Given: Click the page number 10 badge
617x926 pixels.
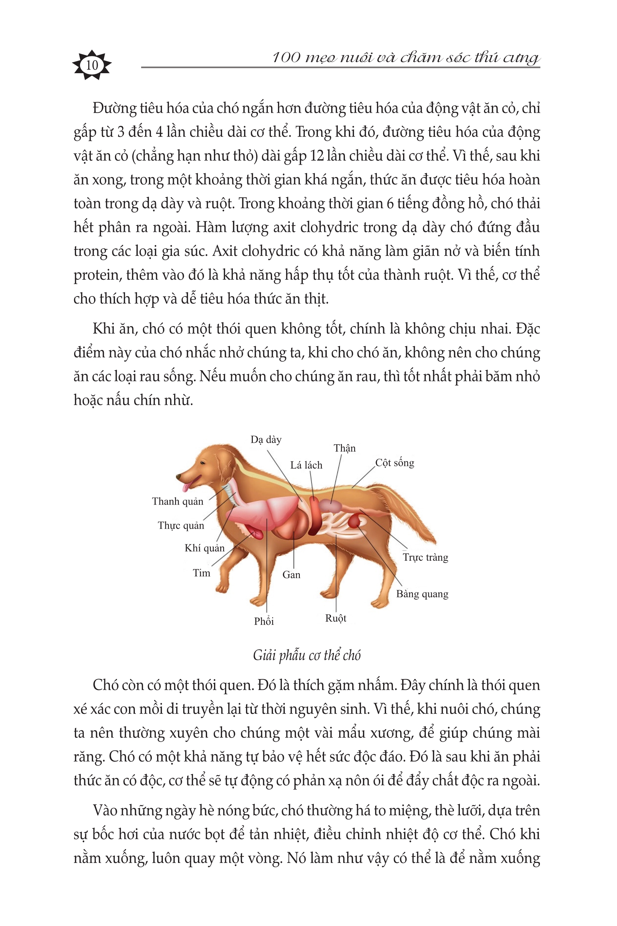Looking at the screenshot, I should (92, 65).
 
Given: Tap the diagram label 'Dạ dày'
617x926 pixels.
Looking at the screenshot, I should (266, 439).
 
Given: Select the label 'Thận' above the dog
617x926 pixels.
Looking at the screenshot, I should (344, 448).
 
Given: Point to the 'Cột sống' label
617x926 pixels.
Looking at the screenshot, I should (395, 463).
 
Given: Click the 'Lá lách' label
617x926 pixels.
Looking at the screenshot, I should (306, 465).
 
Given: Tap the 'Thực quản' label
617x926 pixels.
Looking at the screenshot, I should (181, 525).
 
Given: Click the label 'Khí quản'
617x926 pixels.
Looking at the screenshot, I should (204, 548).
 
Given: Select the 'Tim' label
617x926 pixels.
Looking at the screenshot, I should (202, 573).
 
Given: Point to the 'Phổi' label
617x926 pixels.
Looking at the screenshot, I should (264, 621).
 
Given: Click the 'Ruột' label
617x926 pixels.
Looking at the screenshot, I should (336, 618).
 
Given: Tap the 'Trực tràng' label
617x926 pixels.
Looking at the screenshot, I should (425, 557).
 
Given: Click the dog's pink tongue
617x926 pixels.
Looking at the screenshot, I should (185, 487).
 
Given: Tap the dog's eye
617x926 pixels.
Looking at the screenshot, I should (203, 463).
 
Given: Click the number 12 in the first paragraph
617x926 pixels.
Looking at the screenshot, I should (317, 156).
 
